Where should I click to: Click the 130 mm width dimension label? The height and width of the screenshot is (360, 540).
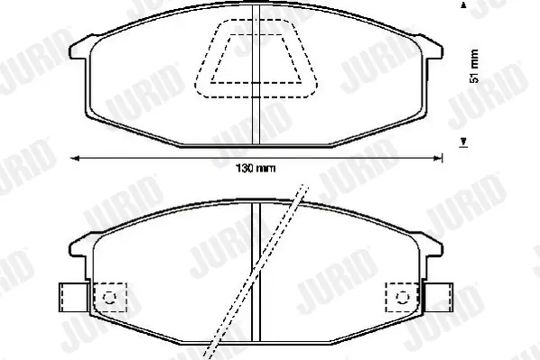256,169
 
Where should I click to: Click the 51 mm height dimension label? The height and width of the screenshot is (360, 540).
474,66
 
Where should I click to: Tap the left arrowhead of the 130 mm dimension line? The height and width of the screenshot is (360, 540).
75,158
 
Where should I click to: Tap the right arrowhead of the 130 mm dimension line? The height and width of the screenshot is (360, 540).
437,158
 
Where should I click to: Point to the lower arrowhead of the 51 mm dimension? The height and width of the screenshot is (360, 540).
464,141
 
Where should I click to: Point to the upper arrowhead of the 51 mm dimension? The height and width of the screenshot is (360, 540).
464,5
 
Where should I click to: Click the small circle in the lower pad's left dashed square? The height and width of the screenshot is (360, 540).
110,298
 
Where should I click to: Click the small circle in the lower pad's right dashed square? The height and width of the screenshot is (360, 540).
403,298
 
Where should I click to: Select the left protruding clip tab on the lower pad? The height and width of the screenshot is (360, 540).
73,298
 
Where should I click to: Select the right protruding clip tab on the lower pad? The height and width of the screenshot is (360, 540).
438,298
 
